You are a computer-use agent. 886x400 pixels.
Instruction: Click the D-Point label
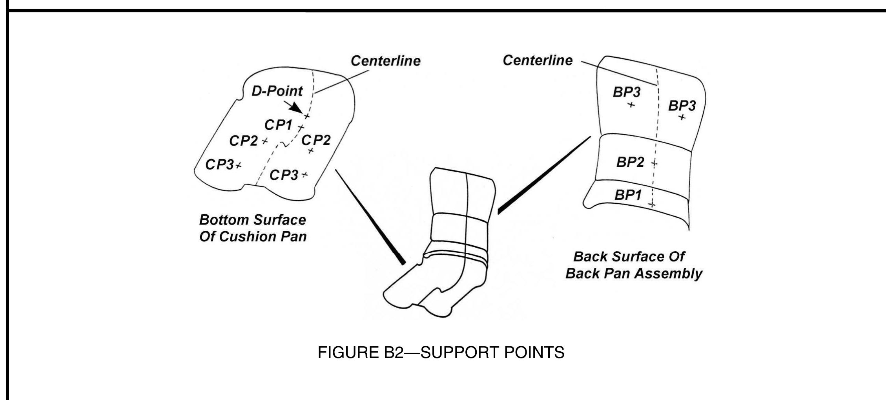tap(277, 91)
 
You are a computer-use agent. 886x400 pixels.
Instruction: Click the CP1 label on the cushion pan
tap(278, 125)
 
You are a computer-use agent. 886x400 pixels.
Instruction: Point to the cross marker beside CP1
tap(301, 128)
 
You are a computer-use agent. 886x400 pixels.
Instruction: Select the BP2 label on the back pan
tap(630, 162)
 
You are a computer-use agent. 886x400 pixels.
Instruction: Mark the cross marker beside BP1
tap(652, 205)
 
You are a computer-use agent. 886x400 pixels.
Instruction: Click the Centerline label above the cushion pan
tap(385, 61)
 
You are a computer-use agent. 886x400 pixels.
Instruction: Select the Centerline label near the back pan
tap(537, 60)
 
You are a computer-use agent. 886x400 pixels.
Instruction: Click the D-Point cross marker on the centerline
tap(306, 116)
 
